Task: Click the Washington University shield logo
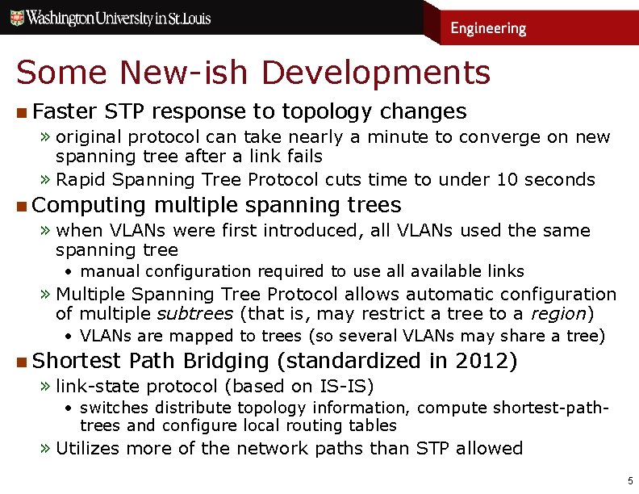(15, 17)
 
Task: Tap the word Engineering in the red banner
(488, 29)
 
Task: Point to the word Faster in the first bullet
(65, 111)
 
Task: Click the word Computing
(90, 205)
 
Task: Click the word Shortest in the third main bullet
(77, 361)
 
